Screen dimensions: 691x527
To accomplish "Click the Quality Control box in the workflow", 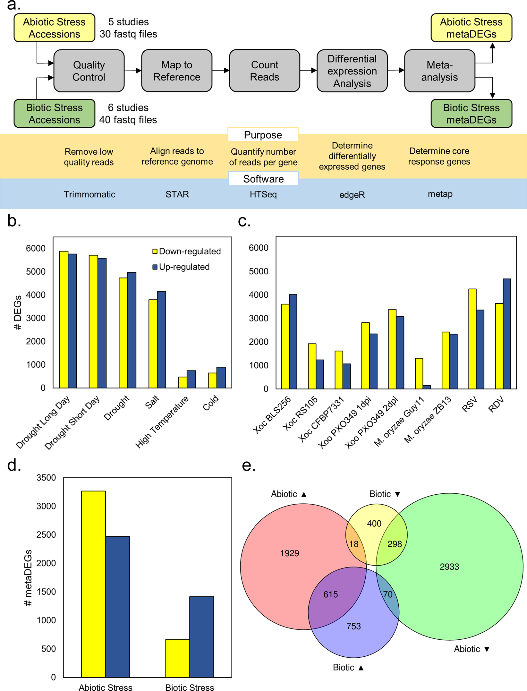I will pos(89,71).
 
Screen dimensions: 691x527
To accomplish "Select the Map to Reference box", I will pos(177,71).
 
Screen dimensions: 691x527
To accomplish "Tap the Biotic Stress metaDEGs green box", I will pos(471,114).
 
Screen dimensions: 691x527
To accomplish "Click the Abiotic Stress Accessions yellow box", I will pos(54,28).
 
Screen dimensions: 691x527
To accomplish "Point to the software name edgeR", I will pos(352,195).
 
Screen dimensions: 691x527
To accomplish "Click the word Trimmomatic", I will pos(89,194).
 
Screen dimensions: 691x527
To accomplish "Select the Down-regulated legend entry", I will pos(186,251).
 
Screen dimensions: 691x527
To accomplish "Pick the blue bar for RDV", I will pos(507,334).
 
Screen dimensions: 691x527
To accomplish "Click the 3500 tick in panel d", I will pos(46,478).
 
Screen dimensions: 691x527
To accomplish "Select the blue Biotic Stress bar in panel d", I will pos(201,636).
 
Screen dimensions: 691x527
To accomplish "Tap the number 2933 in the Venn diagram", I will pos(449,567).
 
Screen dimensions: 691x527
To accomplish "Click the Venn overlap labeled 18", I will pos(354,544).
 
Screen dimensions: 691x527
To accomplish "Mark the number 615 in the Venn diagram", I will pos(330,594).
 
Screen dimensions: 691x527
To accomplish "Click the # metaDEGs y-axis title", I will pos(28,577).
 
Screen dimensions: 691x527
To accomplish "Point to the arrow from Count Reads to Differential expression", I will pos(308,70).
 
